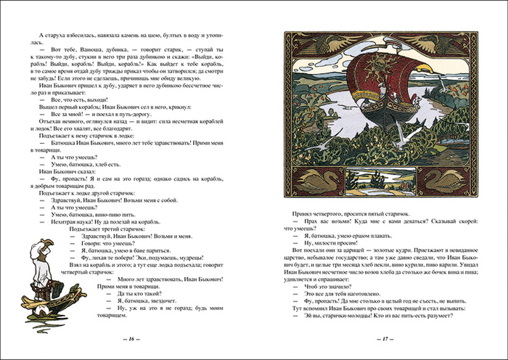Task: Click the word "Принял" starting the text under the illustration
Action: [x=303, y=216]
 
